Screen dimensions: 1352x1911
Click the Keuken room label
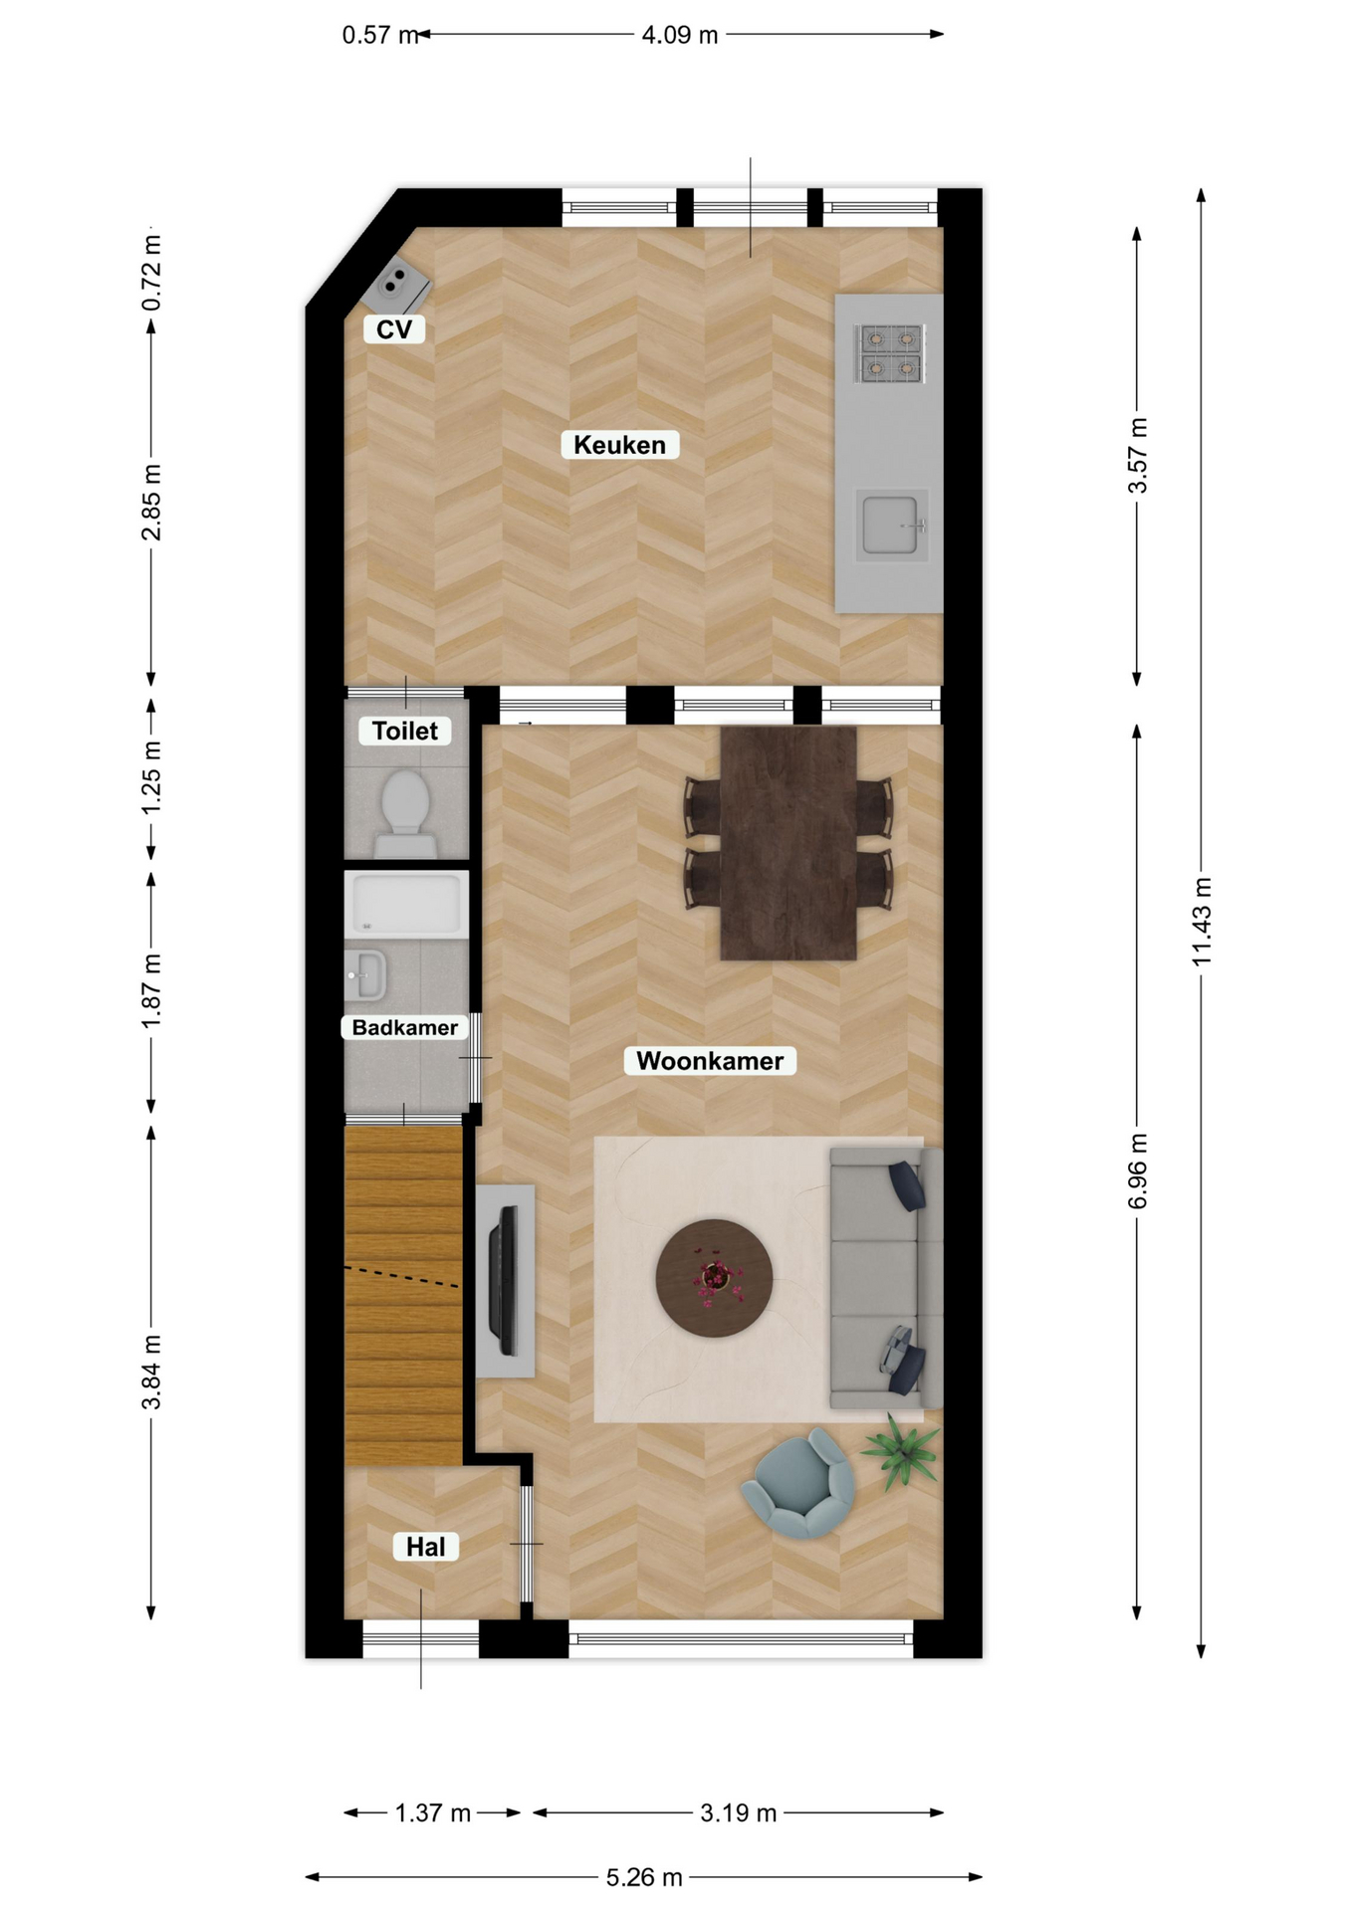tap(619, 445)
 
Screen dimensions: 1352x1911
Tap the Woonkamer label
tap(710, 1061)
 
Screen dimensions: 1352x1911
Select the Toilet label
tap(405, 731)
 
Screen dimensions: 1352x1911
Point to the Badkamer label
tap(405, 1027)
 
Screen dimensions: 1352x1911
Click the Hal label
tap(426, 1547)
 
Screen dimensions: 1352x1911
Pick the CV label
tap(394, 329)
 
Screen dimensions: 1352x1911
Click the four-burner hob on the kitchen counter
tap(890, 354)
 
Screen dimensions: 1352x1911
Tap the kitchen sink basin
tap(892, 525)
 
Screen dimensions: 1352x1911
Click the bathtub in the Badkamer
tap(406, 904)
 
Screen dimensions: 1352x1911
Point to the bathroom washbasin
tap(365, 975)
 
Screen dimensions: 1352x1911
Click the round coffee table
tap(714, 1278)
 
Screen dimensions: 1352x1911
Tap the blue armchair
tap(800, 1483)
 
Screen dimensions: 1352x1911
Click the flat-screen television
tap(504, 1280)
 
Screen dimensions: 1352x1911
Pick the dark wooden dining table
tap(789, 843)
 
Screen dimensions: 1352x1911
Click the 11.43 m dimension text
tap(1202, 922)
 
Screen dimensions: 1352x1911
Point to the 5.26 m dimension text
tap(644, 1877)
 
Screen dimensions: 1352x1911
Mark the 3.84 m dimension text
tap(151, 1373)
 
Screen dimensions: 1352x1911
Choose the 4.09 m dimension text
tap(680, 35)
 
